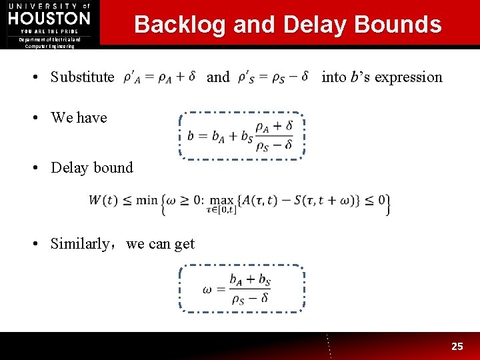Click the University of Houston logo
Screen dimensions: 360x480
(x=49, y=18)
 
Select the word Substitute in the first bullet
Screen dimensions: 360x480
(x=82, y=77)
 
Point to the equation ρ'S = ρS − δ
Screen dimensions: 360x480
(x=273, y=77)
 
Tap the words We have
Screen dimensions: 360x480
(x=79, y=118)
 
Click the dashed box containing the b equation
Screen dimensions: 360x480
(x=241, y=135)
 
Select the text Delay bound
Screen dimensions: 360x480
(x=92, y=168)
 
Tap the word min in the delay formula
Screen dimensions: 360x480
(x=149, y=200)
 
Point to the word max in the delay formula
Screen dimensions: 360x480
(x=221, y=199)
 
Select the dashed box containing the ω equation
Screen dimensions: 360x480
(x=241, y=289)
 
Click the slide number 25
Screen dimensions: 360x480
(x=457, y=346)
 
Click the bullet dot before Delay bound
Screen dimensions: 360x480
(x=41, y=168)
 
